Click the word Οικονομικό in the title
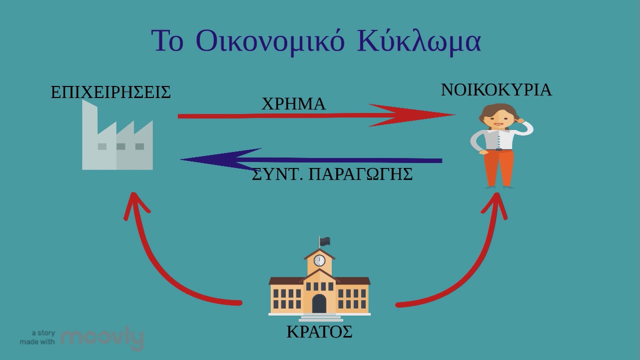click(x=270, y=41)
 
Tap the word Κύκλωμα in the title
click(x=419, y=41)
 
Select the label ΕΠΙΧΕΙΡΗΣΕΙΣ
click(x=110, y=92)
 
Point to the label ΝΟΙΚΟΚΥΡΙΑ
click(x=496, y=90)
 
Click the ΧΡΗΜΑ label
click(x=293, y=104)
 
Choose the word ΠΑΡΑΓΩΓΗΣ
click(x=360, y=174)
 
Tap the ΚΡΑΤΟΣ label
click(x=319, y=332)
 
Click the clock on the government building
click(x=319, y=260)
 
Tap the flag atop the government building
click(x=325, y=241)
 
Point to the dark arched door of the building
click(x=319, y=303)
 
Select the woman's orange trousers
click(x=498, y=167)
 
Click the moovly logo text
click(x=102, y=338)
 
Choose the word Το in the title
click(x=167, y=41)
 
